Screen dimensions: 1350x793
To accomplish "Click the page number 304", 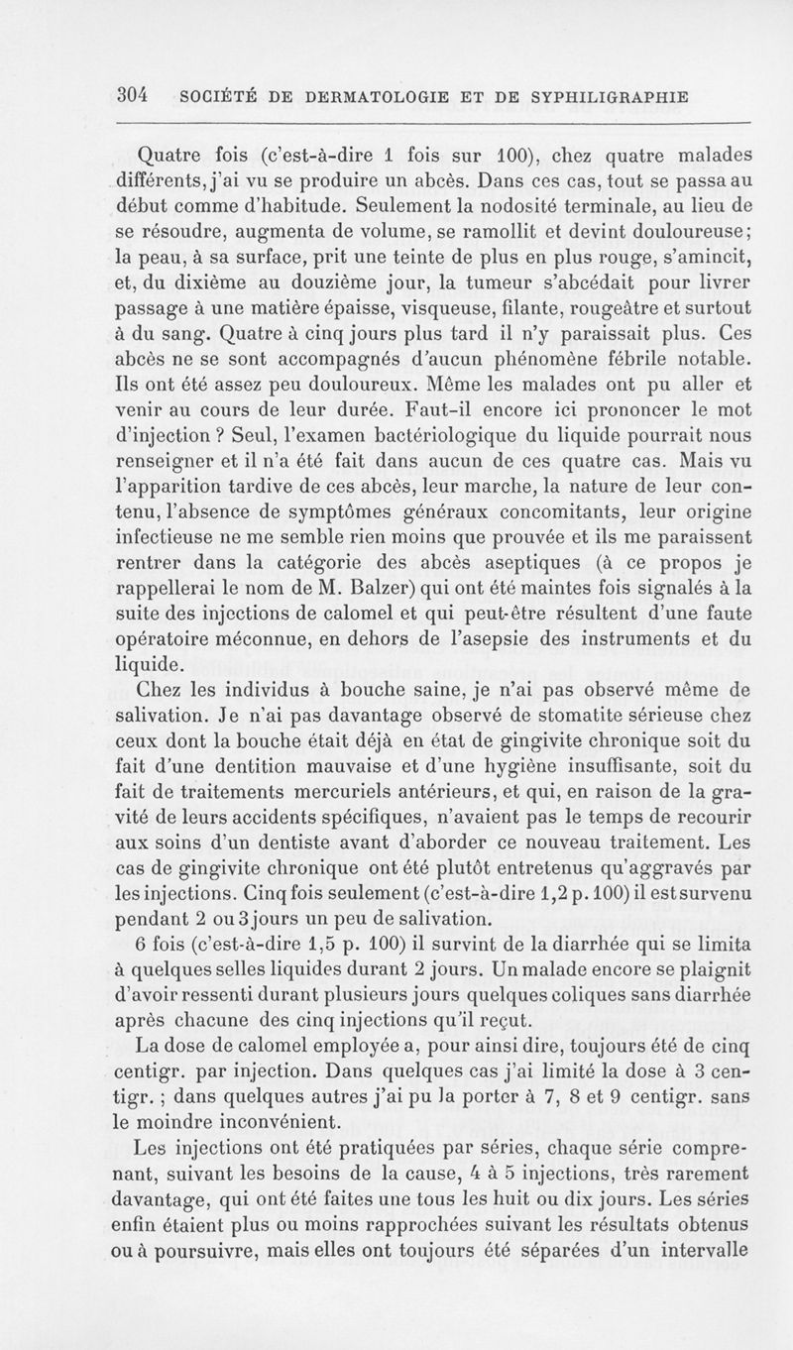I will pos(132,95).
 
